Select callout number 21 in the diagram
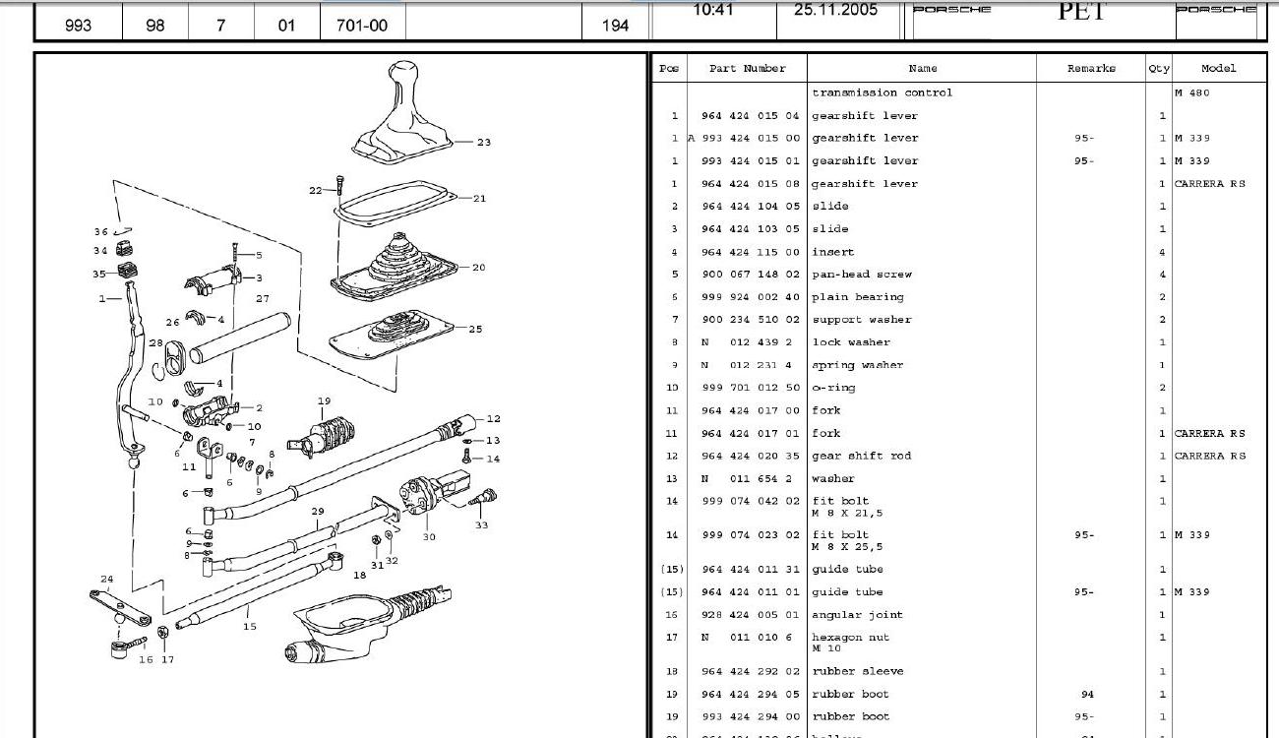(479, 199)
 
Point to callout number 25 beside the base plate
(476, 330)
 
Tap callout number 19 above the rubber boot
(324, 401)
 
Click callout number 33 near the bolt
(481, 525)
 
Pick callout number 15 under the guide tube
(250, 626)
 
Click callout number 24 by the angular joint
(106, 580)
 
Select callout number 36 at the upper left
(100, 232)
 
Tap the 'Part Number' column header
(748, 69)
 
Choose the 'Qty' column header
(1159, 69)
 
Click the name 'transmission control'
(883, 92)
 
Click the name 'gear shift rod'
(862, 456)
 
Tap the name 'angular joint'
(857, 615)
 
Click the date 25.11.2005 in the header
(835, 10)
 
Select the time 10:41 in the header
(712, 10)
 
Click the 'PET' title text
(1081, 12)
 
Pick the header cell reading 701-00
(362, 26)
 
